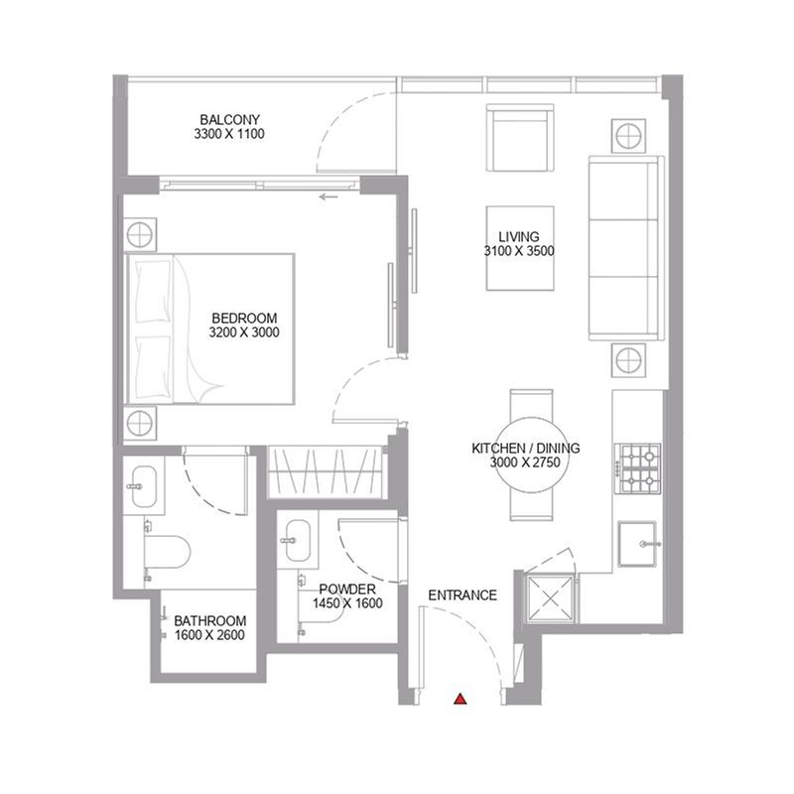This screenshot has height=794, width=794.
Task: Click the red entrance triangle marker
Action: [x=460, y=699]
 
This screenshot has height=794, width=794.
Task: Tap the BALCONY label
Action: [x=230, y=120]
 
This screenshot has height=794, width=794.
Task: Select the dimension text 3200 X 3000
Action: [x=244, y=332]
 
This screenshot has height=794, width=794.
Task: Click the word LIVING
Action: [x=519, y=236]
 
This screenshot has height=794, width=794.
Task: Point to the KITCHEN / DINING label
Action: [x=526, y=449]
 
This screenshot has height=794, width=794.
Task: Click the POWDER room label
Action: [x=347, y=590]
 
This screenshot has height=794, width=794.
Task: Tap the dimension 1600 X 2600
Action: [x=209, y=635]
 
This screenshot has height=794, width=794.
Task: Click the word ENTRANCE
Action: [x=463, y=595]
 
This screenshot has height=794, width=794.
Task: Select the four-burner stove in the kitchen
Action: [x=638, y=468]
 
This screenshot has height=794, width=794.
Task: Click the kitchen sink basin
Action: [x=637, y=544]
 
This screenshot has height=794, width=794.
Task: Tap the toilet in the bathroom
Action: [x=167, y=552]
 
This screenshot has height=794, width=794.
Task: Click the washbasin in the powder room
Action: [x=298, y=541]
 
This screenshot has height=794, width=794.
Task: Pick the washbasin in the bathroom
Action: [x=144, y=486]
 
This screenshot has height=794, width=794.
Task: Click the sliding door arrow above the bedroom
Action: [x=329, y=197]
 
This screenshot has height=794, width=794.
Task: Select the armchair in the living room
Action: [x=520, y=138]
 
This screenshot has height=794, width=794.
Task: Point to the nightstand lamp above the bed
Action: [x=140, y=233]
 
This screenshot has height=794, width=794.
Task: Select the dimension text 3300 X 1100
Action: [x=229, y=134]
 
